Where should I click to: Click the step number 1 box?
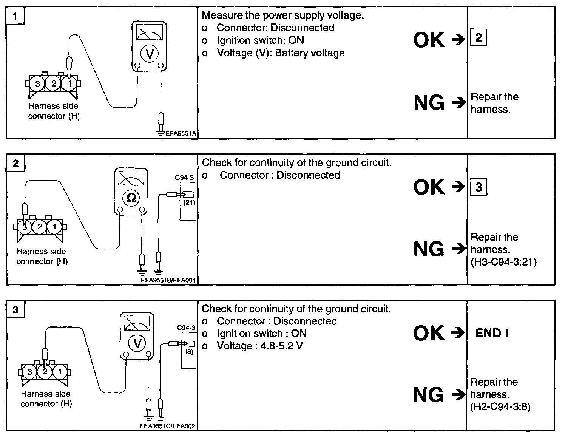click(x=15, y=16)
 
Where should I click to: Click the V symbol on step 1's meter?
click(x=150, y=54)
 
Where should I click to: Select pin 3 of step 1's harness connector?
click(x=37, y=83)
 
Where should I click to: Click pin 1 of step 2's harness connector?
click(x=54, y=227)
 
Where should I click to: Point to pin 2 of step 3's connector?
click(x=45, y=372)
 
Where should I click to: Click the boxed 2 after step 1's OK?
click(x=478, y=38)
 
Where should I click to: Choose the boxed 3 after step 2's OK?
click(x=478, y=187)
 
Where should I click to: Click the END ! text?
click(x=492, y=333)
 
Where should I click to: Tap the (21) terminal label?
click(x=189, y=203)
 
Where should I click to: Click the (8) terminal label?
click(x=189, y=352)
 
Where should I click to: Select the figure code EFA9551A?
click(x=181, y=133)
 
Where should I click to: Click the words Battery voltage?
click(x=310, y=53)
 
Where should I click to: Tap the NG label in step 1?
click(x=429, y=103)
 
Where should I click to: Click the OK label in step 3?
click(x=429, y=333)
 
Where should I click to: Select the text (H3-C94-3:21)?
click(x=503, y=262)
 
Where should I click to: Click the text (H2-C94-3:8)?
click(x=500, y=407)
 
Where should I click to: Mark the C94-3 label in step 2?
click(x=184, y=177)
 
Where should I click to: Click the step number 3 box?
click(x=15, y=310)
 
